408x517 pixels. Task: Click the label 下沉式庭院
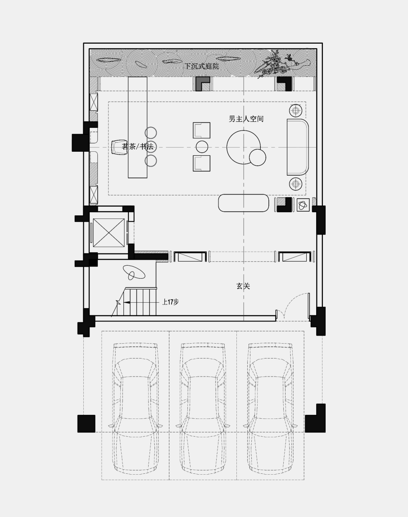202,67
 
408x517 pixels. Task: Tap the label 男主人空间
246,119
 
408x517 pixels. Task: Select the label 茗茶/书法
138,146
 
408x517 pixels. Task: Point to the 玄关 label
243,286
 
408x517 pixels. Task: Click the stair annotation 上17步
170,302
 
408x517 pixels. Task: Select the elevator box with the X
109,232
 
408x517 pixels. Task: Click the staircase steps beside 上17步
140,302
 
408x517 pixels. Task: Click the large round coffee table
243,147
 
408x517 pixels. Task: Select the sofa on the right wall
298,147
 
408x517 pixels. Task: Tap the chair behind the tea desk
119,147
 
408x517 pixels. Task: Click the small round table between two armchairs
202,147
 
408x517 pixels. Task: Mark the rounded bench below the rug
244,203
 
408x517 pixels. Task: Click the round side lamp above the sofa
295,110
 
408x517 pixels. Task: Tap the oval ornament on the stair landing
134,272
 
